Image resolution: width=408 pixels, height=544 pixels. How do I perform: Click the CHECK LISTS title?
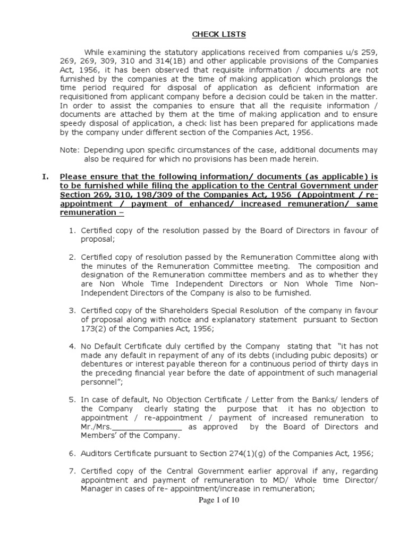(211, 35)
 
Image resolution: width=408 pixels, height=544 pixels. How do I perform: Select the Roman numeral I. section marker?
(46, 176)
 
